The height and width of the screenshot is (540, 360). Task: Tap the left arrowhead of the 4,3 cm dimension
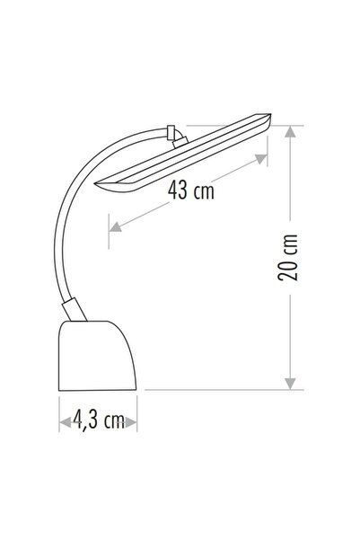coord(63,420)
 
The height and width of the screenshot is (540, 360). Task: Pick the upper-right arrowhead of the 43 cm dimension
coord(263,159)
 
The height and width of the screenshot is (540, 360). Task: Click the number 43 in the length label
coord(180,190)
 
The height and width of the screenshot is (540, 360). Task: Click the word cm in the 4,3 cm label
coord(112,420)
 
